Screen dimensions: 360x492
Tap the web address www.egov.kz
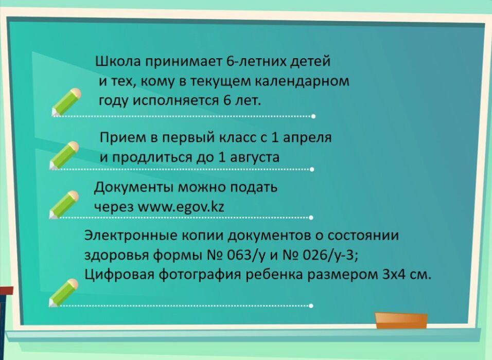(181, 206)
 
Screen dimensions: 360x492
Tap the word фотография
(198, 275)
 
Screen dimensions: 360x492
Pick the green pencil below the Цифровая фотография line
(64, 293)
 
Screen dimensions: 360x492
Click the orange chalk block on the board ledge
(401, 320)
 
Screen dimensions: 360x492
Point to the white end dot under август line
(312, 169)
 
